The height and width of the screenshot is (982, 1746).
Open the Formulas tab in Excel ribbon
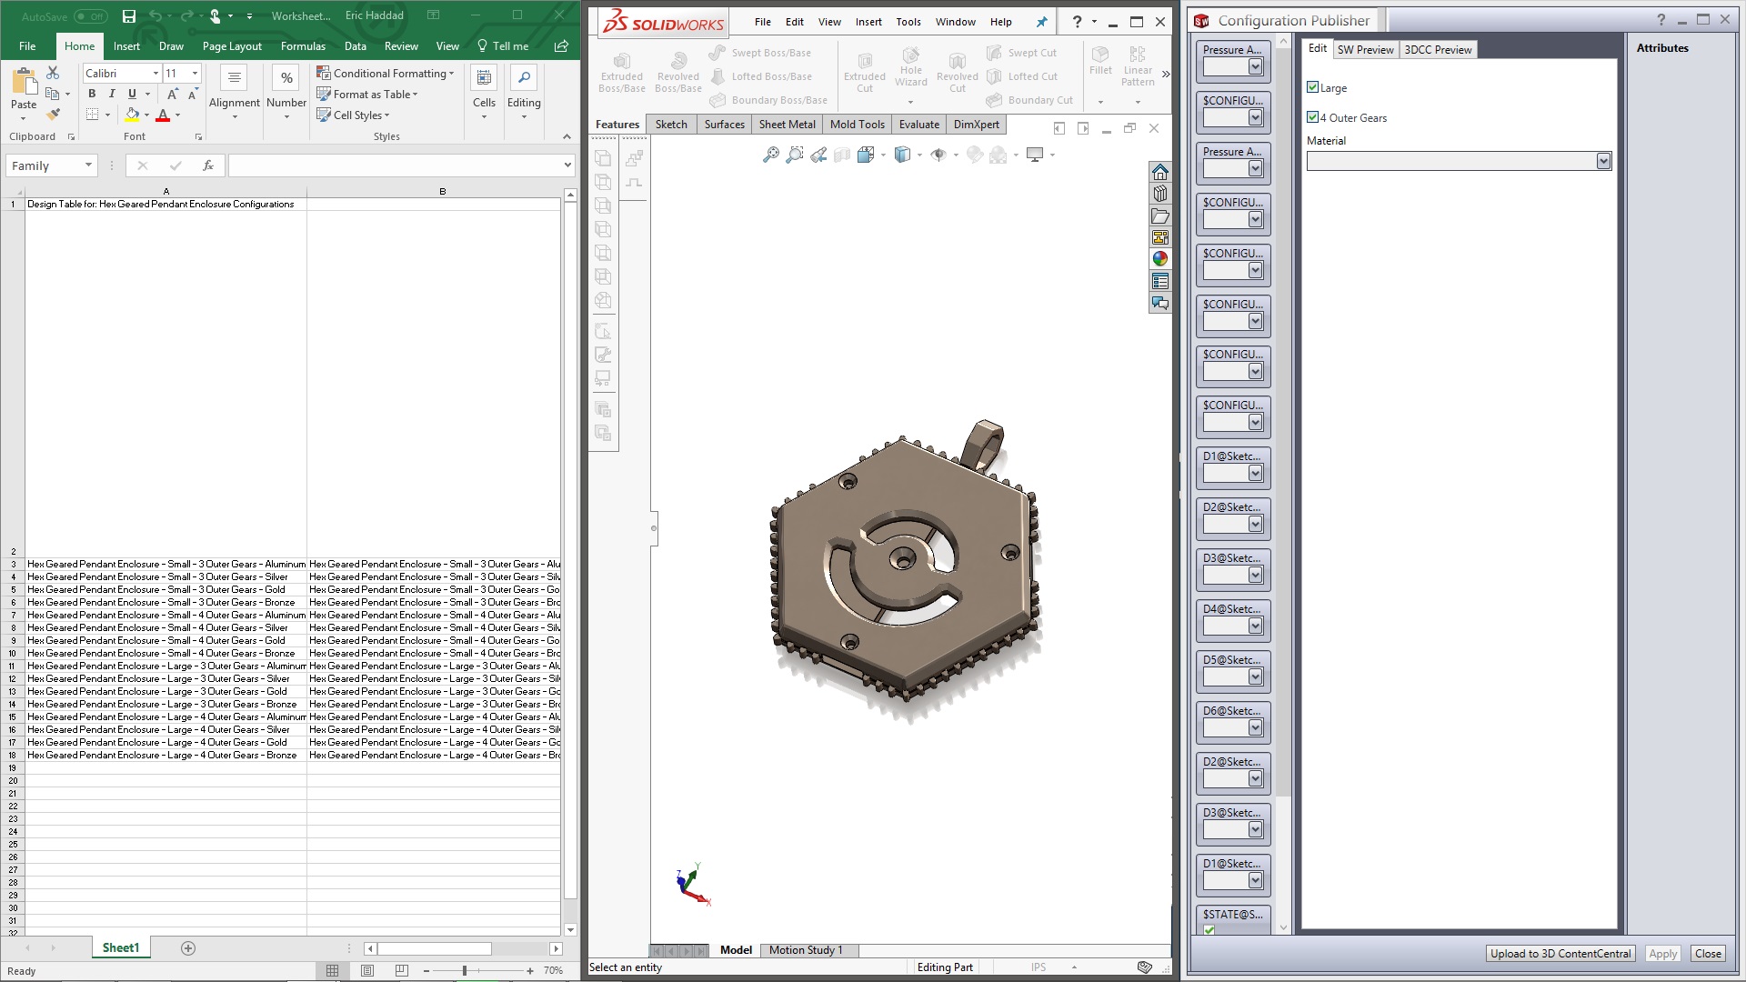[303, 46]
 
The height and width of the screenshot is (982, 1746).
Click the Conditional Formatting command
[386, 74]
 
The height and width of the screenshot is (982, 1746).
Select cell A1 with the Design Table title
[166, 205]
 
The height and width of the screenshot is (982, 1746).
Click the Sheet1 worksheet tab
[121, 948]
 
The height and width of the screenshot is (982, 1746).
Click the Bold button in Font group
[92, 94]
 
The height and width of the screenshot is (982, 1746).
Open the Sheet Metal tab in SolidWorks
[787, 125]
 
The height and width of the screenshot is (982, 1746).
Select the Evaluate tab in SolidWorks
[918, 125]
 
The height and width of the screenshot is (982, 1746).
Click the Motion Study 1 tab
[806, 950]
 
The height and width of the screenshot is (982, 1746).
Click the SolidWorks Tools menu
[908, 22]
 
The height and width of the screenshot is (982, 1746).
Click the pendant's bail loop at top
[986, 441]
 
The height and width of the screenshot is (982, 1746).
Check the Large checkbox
[1312, 87]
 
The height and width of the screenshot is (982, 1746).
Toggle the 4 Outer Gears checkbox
[1312, 117]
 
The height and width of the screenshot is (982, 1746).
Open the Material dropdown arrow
[1603, 161]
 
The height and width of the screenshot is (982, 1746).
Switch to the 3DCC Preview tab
[1438, 50]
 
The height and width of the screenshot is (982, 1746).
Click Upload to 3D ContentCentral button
[1560, 954]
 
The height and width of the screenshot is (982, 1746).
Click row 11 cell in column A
[166, 666]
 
